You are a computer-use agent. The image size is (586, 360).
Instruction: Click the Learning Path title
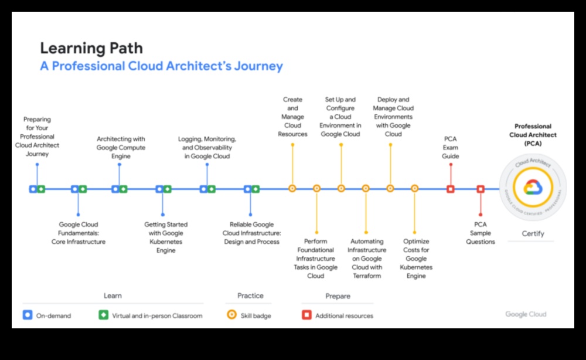coord(91,48)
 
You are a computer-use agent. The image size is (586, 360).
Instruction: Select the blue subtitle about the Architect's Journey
coord(162,66)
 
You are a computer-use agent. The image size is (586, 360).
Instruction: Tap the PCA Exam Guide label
coord(450,147)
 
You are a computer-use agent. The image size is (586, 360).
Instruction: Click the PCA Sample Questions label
coord(481,233)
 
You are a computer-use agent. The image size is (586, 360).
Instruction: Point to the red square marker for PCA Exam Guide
coord(450,189)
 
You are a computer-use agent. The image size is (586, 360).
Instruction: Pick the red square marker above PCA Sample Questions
coord(481,189)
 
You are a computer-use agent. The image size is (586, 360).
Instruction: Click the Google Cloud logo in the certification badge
coord(533,187)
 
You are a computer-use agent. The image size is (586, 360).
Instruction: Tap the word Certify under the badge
coord(533,233)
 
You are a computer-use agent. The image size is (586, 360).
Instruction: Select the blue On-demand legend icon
coord(28,315)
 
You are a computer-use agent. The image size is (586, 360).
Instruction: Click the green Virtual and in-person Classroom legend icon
coord(104,315)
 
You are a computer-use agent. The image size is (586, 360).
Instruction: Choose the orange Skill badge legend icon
coord(231,315)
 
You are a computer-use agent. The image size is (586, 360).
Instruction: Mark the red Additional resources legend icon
coord(307,315)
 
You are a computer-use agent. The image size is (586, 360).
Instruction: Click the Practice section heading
coord(250,296)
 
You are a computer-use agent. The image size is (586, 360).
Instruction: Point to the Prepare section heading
coord(338,296)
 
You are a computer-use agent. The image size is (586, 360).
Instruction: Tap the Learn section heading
coord(113,296)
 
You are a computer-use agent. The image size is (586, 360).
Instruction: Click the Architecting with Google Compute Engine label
coord(121,147)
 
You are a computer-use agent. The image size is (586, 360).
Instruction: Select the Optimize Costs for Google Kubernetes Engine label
coord(416,259)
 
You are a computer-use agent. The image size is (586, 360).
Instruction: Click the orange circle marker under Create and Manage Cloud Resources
coord(292,188)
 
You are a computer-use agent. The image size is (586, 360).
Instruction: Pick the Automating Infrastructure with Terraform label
coord(367,259)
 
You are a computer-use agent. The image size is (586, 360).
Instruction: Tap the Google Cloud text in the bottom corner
coord(526,314)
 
